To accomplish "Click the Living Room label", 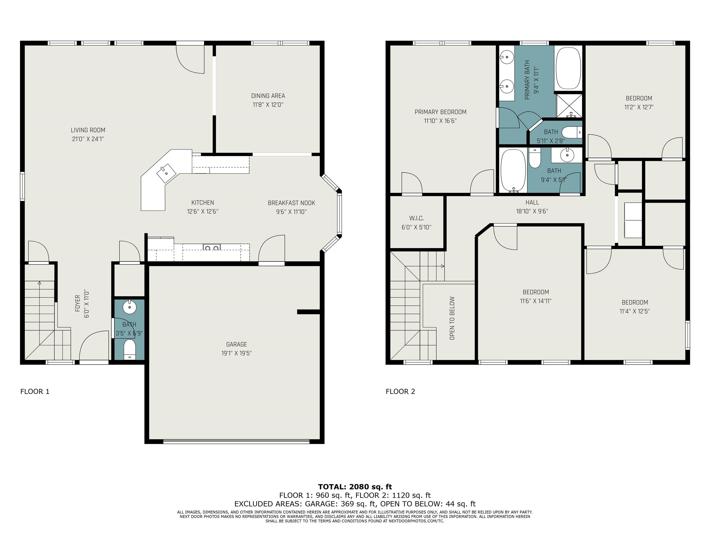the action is (88, 130).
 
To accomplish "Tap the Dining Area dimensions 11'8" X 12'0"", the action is (268, 105).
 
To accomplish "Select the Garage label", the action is (237, 344).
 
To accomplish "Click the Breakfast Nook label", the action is (291, 203).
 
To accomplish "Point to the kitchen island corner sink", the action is (166, 173).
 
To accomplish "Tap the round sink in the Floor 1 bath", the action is (130, 307).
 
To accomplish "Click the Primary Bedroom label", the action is (440, 112).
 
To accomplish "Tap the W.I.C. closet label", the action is (416, 218).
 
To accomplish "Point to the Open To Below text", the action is (452, 318).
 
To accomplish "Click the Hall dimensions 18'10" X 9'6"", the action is (532, 211).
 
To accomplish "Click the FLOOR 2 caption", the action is (400, 391).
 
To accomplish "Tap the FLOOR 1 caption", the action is (35, 391).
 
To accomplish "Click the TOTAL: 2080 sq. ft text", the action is (355, 487).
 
